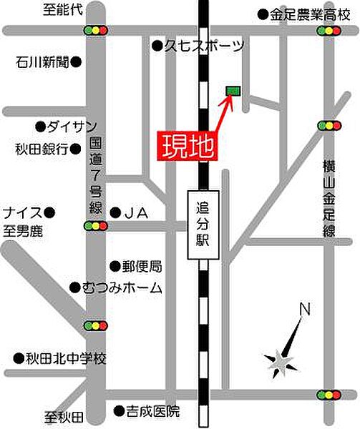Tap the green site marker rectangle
233,90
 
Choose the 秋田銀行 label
42,149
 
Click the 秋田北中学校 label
65,357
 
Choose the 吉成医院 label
152,411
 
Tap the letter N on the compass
305,310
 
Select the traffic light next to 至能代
96,31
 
